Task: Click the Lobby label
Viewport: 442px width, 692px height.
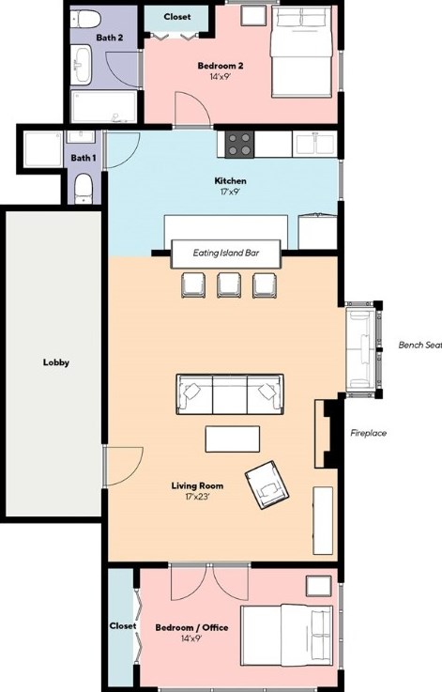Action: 56,362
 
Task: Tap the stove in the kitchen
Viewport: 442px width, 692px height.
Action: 239,145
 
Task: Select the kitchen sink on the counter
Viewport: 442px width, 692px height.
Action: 315,145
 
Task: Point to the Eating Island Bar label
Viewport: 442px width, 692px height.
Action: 226,253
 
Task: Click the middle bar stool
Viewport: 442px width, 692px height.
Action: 229,285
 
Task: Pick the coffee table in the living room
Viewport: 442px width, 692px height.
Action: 233,438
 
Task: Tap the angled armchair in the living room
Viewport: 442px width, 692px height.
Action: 267,485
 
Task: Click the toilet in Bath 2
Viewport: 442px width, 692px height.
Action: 85,19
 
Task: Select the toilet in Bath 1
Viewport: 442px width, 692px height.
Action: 84,189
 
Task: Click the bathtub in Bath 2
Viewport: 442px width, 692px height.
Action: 104,106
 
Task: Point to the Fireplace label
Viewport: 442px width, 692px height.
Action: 368,433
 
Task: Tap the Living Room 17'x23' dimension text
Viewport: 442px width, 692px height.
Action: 197,497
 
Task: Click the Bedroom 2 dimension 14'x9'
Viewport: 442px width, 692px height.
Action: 221,76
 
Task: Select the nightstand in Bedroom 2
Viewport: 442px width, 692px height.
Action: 253,15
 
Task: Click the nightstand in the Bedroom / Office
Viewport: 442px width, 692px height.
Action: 318,586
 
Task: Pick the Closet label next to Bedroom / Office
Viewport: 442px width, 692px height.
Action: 123,625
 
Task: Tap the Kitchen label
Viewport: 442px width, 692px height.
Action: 230,180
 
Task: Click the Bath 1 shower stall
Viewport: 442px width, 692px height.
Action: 43,148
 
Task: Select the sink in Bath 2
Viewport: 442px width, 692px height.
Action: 81,65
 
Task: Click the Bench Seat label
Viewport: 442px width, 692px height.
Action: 419,346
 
